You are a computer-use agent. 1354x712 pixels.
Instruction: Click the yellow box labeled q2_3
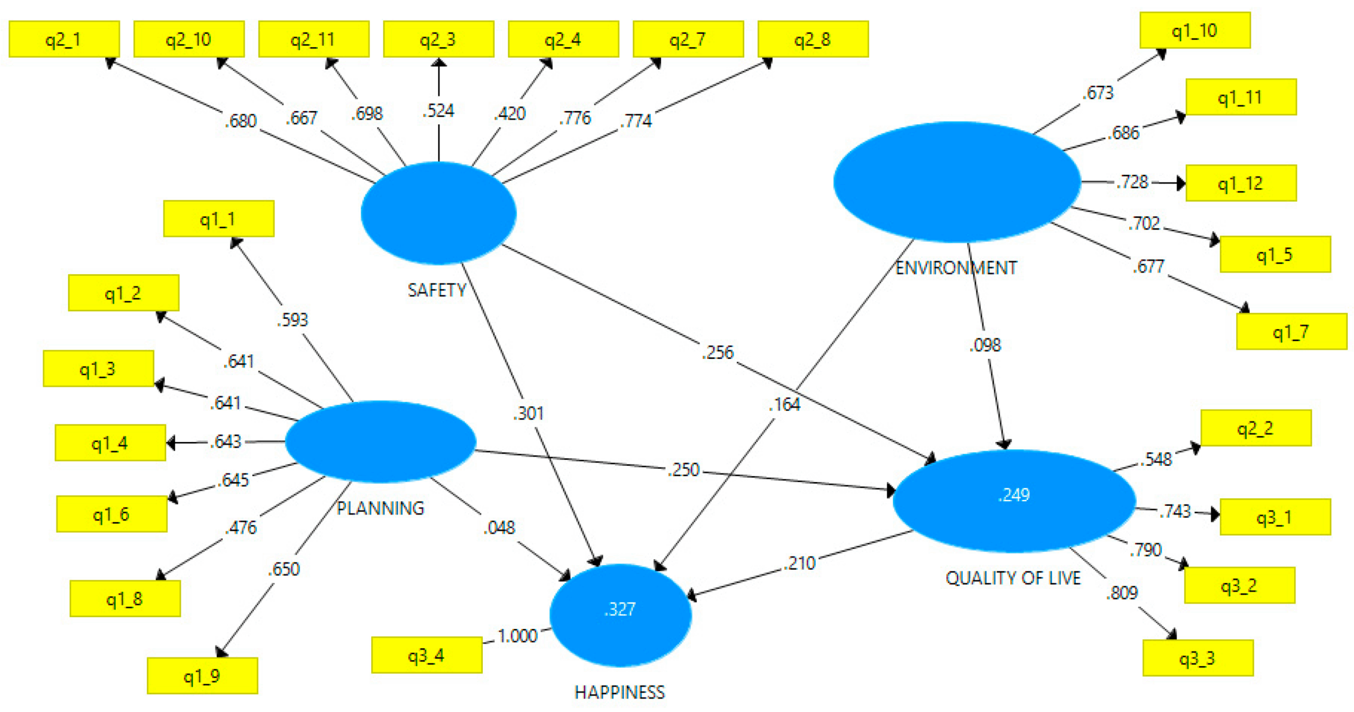(x=438, y=39)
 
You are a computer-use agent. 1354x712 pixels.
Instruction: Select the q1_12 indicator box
(x=1240, y=183)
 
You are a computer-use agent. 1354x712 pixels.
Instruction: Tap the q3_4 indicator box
(x=426, y=655)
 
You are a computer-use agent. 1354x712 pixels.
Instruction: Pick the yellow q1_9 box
(x=202, y=676)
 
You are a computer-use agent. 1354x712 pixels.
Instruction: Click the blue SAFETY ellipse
(x=438, y=212)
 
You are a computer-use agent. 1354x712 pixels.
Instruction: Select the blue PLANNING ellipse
(x=380, y=441)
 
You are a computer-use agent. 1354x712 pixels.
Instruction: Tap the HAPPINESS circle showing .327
(x=620, y=615)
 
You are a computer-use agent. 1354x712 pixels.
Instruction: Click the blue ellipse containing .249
(x=1013, y=500)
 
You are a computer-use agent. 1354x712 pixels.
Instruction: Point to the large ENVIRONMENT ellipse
(x=956, y=182)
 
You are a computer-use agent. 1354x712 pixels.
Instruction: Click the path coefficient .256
(x=718, y=352)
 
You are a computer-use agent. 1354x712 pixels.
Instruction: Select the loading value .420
(x=510, y=113)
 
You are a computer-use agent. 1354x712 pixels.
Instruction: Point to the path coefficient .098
(x=985, y=345)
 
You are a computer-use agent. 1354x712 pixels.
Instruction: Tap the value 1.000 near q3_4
(x=517, y=635)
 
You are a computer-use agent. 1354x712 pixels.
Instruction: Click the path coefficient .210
(x=801, y=563)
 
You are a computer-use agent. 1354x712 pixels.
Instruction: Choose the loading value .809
(x=1122, y=592)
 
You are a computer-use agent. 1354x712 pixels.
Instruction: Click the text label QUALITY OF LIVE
(x=1013, y=578)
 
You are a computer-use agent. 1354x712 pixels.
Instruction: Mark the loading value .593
(x=292, y=319)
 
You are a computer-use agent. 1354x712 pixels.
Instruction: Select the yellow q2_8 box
(x=812, y=39)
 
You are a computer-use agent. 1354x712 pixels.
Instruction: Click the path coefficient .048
(x=499, y=527)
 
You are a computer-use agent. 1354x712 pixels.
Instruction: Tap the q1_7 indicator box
(x=1291, y=331)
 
